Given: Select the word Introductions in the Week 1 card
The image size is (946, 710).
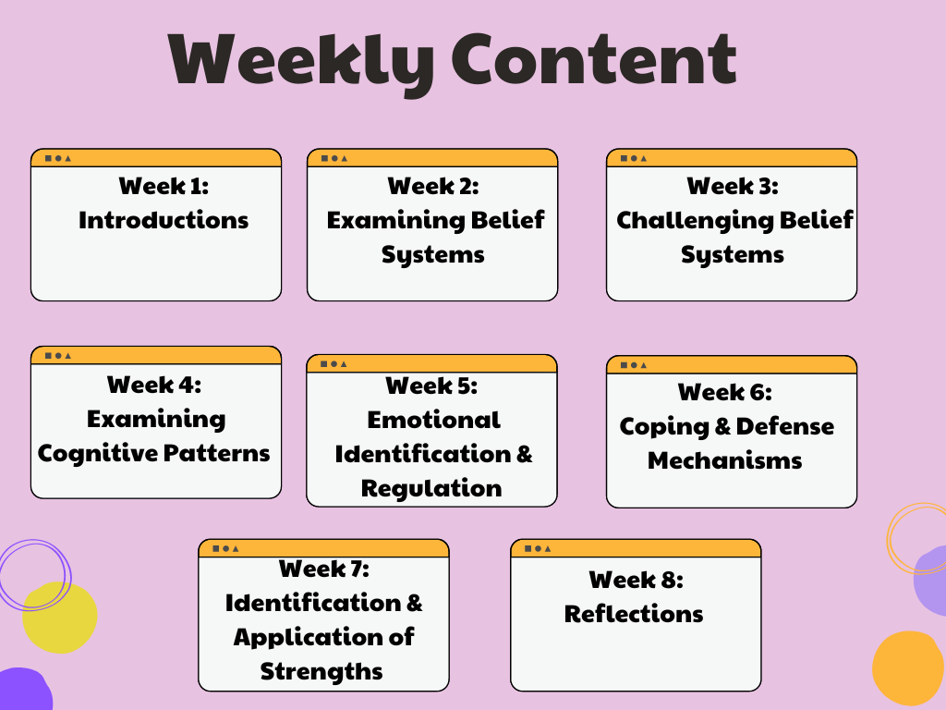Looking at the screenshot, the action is click(x=164, y=220).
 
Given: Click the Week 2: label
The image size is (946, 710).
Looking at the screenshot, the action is click(x=433, y=186).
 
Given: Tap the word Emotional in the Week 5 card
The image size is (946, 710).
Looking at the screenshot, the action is click(x=434, y=421).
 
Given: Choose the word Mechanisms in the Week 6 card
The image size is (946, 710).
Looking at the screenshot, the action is click(x=724, y=460).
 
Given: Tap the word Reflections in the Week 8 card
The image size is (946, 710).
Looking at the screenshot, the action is click(x=634, y=614).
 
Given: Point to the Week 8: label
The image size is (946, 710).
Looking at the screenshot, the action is click(x=636, y=580).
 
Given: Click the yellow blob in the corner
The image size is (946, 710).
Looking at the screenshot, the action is click(x=60, y=617).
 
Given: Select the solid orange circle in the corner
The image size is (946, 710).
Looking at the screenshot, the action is click(x=908, y=667).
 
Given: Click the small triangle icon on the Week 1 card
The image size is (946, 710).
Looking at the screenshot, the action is click(x=68, y=159).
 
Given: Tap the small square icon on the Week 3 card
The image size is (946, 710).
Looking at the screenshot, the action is click(x=624, y=159).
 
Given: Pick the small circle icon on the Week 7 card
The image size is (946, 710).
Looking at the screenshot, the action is click(x=226, y=549).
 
